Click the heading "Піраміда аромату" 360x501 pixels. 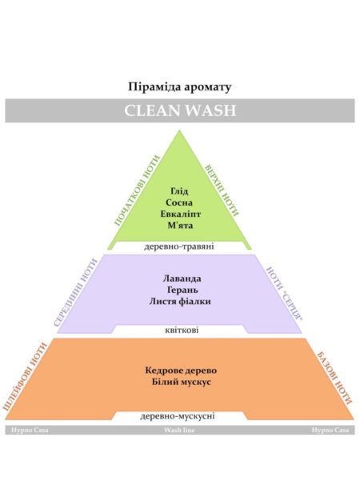pos(180,87)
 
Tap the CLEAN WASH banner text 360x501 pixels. pos(180,110)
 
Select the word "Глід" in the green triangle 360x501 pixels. pos(179,191)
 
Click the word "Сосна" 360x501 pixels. pos(179,202)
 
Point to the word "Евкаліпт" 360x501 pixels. pos(181,214)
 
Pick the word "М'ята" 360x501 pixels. pos(180,225)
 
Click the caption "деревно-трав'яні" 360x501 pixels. pos(179,246)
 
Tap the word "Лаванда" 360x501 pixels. pos(182,279)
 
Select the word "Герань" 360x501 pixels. pos(182,291)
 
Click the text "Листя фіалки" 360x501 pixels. pos(180,301)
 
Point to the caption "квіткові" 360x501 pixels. pos(182,330)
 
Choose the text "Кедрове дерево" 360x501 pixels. pos(181,371)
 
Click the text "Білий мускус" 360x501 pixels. pos(181,382)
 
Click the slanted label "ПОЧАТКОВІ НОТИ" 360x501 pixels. pos(137,190)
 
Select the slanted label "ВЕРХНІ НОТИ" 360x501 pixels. pos(222,190)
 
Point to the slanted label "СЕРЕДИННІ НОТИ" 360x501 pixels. pos(75,292)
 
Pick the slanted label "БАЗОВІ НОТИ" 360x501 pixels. pos(334,378)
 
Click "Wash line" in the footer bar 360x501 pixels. pos(179,430)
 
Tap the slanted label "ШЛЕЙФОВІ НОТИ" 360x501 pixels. pos(25,377)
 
